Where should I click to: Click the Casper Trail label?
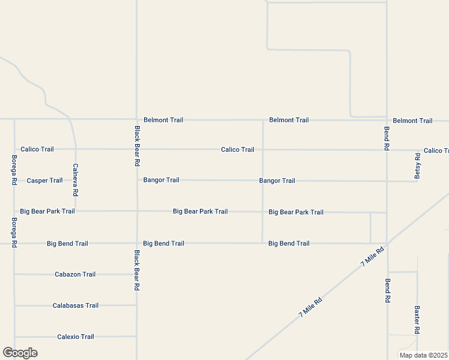44,181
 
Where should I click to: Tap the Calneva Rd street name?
76,180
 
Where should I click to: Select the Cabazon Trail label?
75,274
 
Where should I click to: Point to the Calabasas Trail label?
75,305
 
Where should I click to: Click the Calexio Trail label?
75,337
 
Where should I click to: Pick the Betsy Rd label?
418,164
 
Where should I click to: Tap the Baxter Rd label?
417,320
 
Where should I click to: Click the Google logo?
20,353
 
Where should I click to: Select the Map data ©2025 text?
423,355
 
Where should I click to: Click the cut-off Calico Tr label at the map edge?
436,151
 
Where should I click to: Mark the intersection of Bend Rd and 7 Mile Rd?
387,243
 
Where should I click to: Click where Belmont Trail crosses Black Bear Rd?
137,119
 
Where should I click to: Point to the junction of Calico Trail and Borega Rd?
14,149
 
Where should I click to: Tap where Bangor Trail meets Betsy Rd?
418,181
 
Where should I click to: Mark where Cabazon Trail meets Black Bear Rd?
137,274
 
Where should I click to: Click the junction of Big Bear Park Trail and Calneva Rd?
76,211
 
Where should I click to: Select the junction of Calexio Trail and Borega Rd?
14,337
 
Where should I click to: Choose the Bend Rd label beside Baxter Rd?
388,290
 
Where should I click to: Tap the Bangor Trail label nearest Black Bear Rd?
161,180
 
